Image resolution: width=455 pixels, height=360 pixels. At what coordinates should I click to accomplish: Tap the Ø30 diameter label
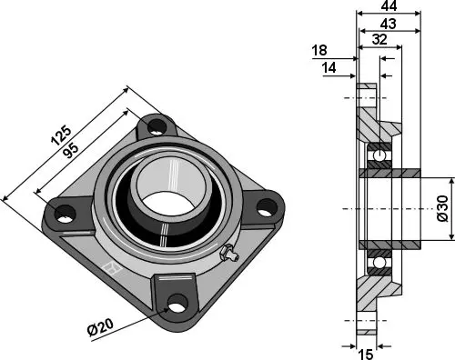[442, 209]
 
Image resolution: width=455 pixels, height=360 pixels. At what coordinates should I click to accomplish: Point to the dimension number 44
[389, 7]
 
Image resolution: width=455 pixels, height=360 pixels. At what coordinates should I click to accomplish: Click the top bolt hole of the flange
[157, 124]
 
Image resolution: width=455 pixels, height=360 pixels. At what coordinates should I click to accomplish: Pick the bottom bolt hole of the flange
[177, 304]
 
